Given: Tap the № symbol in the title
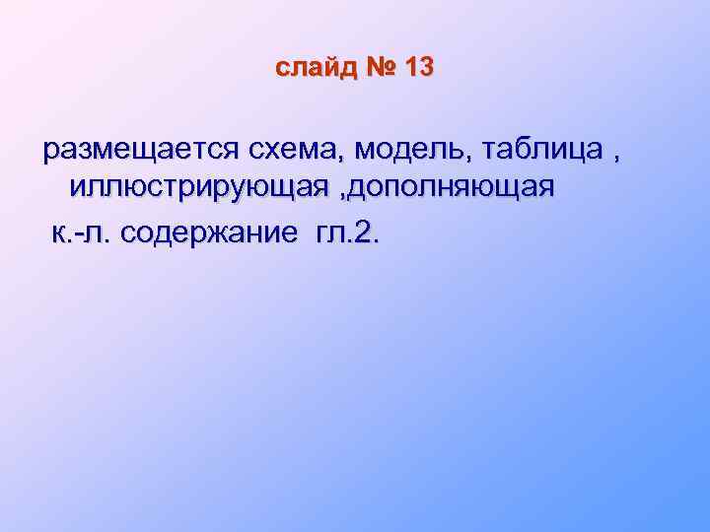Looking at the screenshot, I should click(383, 69).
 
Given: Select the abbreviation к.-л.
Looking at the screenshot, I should click(82, 233).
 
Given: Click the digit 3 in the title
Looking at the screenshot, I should click(426, 69).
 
